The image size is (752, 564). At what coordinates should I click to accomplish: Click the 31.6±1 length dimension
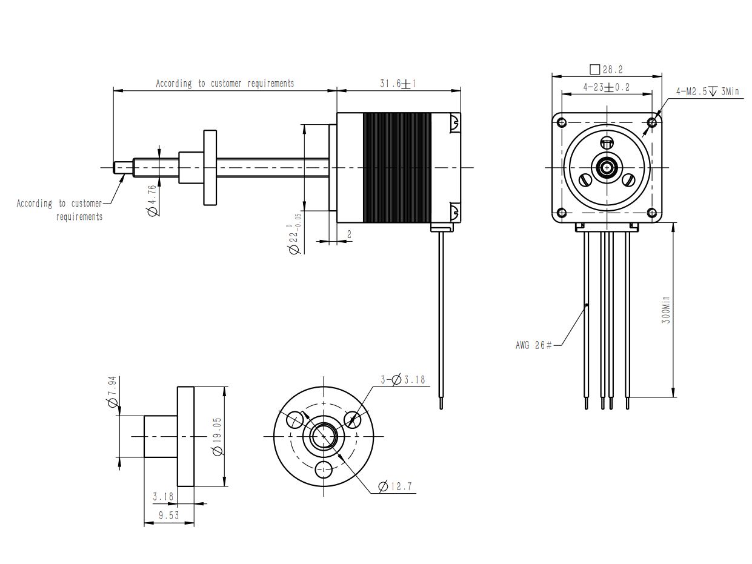pos(398,84)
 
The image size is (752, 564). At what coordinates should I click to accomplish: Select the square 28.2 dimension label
pos(606,70)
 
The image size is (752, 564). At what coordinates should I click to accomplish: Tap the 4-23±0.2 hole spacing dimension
pos(607,87)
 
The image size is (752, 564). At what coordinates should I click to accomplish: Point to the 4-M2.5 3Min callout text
pos(707,91)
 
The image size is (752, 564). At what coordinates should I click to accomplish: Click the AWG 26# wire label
pos(533,345)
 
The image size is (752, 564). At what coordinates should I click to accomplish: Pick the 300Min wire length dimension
pos(665,310)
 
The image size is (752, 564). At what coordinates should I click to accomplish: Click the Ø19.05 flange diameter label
pos(218,437)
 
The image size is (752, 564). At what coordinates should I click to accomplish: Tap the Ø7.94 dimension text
pos(112,391)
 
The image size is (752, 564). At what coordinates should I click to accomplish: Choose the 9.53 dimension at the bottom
pos(168,516)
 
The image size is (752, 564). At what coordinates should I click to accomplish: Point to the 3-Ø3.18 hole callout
pos(403,380)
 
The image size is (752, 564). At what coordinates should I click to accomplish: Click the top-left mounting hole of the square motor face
pos(562,122)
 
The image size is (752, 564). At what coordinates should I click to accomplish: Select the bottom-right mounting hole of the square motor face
pos(652,213)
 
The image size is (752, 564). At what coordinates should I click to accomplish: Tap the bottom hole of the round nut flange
pos(324,469)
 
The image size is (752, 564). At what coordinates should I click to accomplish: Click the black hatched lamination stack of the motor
pos(397,167)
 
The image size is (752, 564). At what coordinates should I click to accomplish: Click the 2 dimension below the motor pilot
pos(349,234)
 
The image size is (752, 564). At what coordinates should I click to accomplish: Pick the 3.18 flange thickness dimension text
pos(163,497)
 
